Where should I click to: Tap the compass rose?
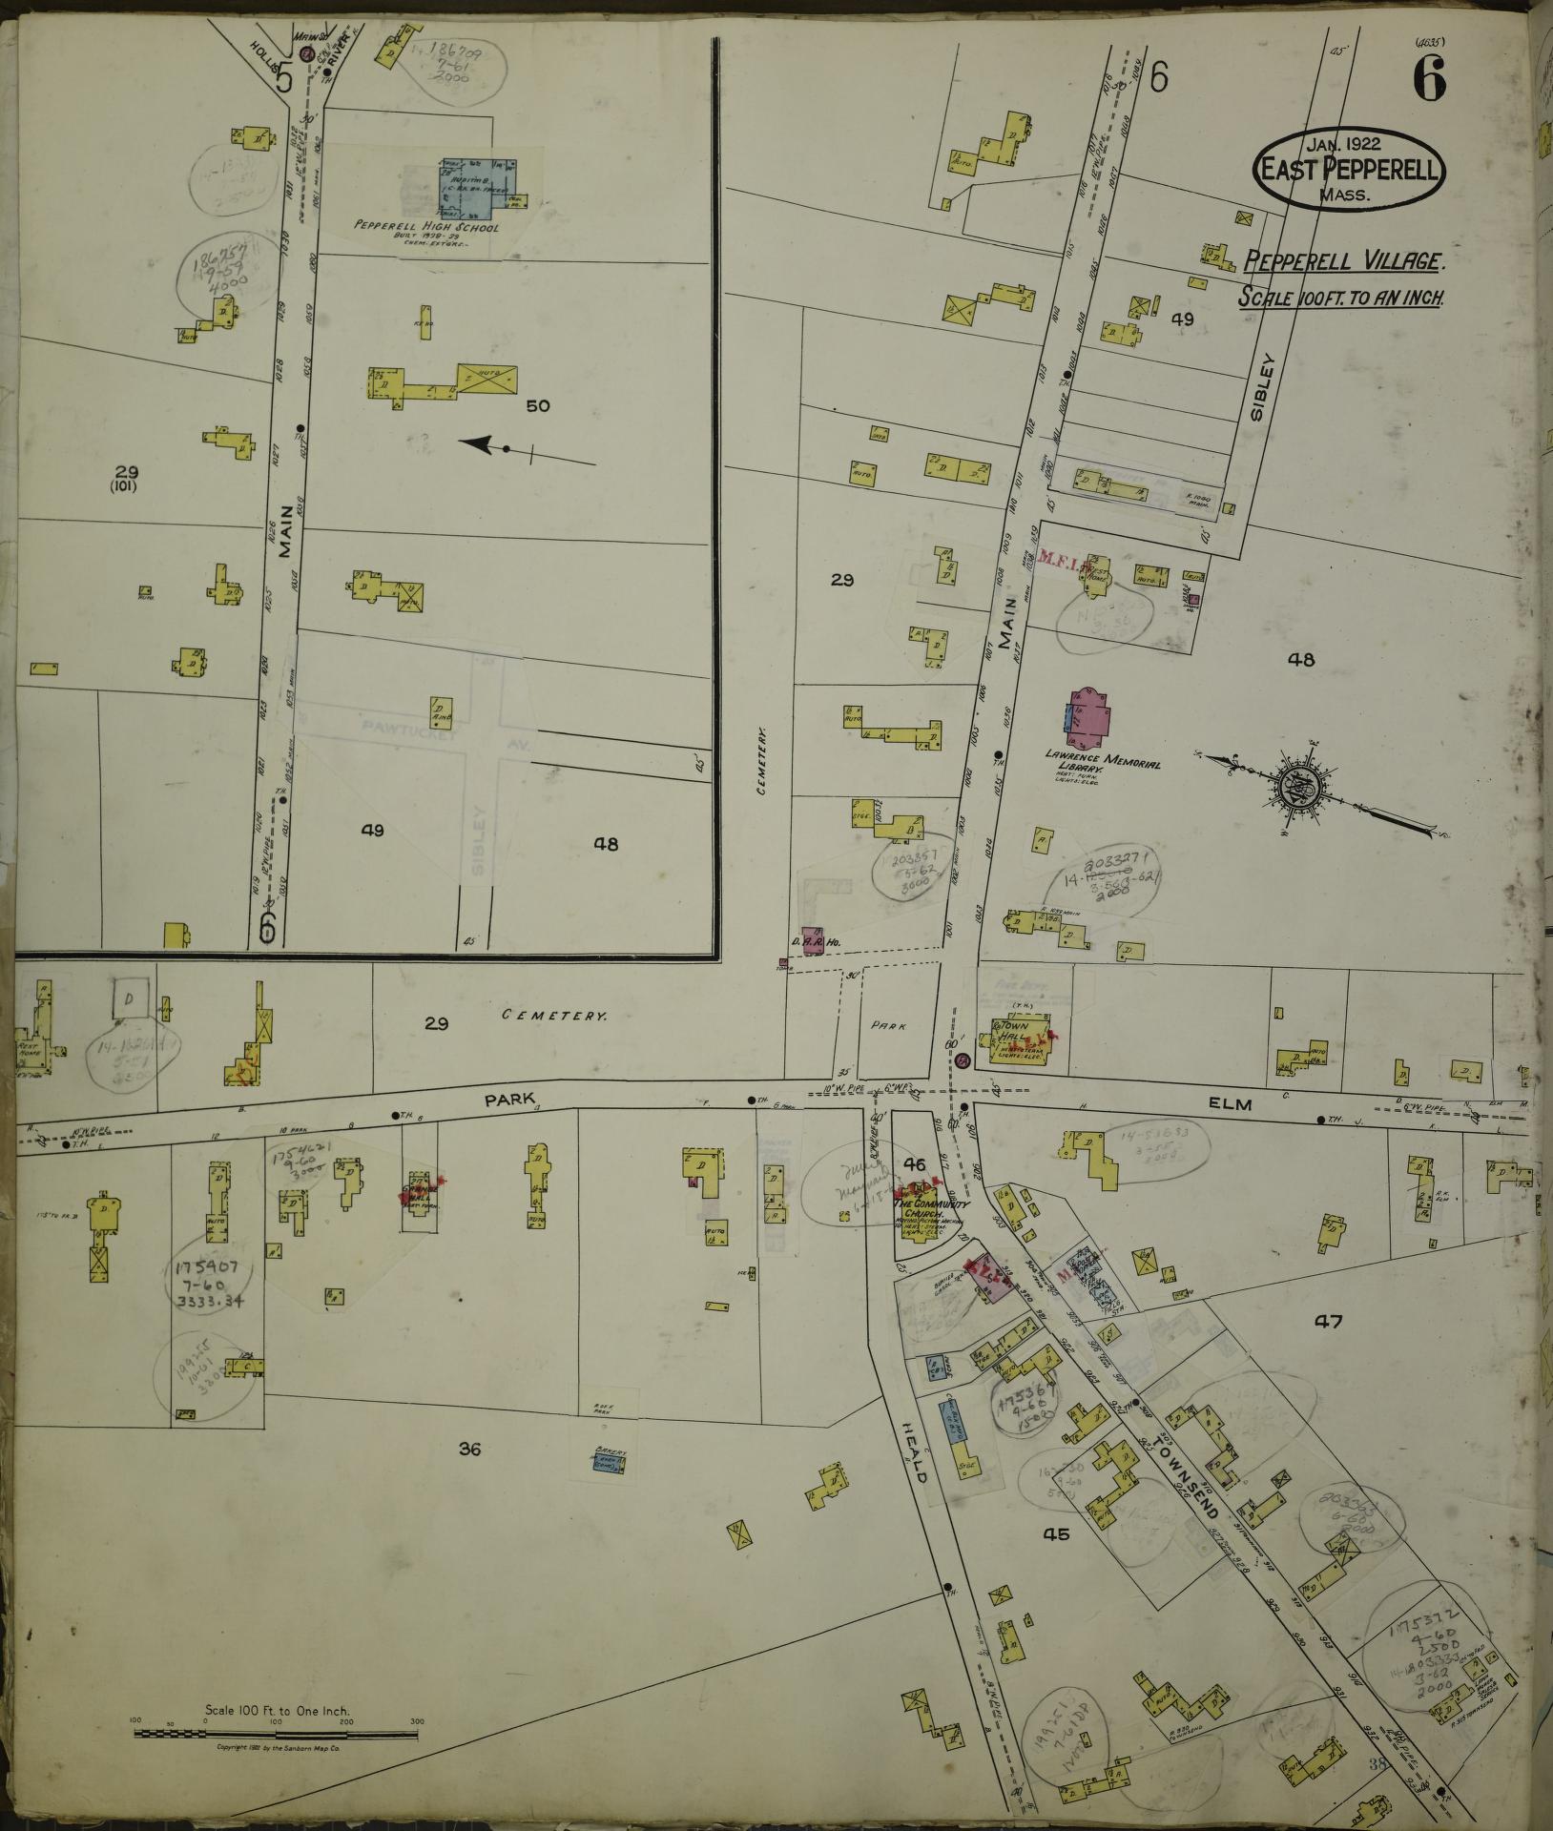(x=1304, y=787)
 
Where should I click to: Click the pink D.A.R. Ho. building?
(x=813, y=938)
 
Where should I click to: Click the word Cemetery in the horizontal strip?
(x=554, y=1017)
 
